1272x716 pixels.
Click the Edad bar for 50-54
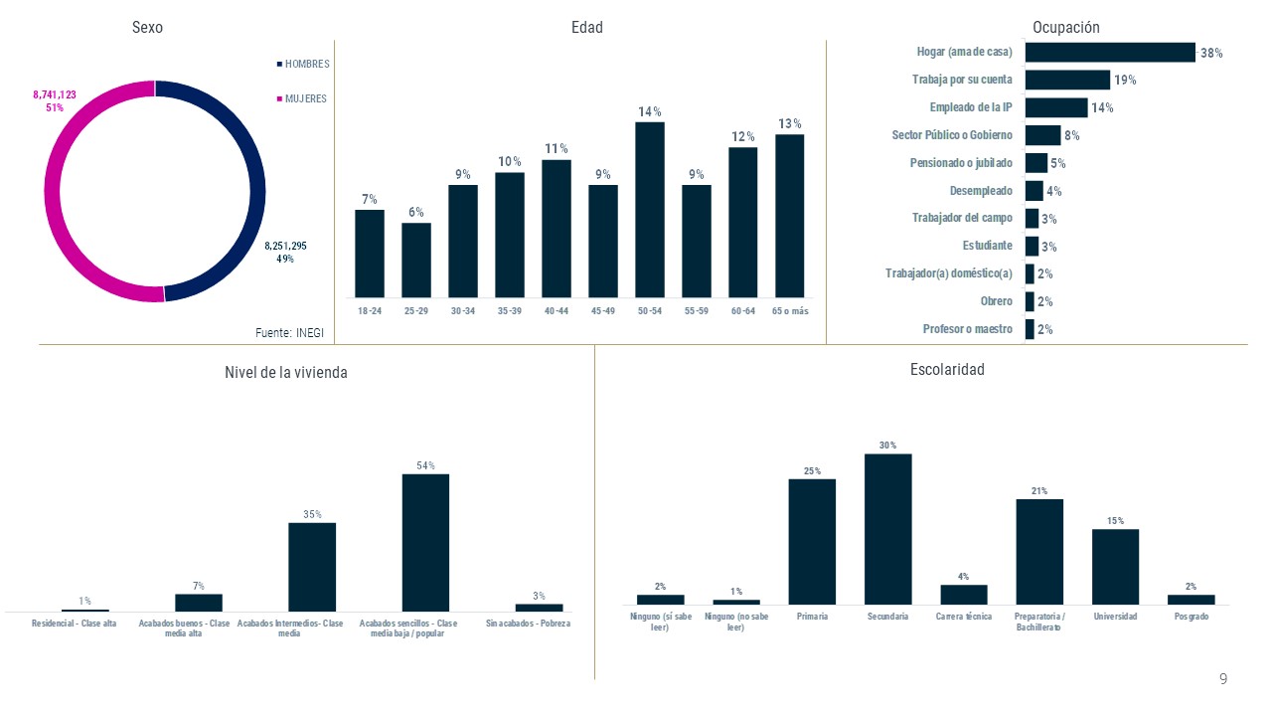tap(650, 209)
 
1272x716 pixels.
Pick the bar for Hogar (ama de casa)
tap(1110, 53)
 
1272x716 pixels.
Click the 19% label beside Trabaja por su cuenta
tap(1125, 81)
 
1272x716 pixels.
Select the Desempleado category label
tap(981, 191)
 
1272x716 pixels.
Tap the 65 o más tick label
tap(790, 311)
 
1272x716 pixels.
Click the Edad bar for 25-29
tap(416, 260)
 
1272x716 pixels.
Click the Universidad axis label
tap(1115, 617)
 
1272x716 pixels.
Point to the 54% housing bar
tap(425, 542)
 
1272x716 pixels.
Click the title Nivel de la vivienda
tap(286, 373)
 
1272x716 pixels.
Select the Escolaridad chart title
tap(947, 370)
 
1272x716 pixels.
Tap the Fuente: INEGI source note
tap(290, 333)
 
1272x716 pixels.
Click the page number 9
tap(1223, 679)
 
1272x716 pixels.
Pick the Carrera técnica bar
tap(964, 594)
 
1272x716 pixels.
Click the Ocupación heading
tap(1066, 28)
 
